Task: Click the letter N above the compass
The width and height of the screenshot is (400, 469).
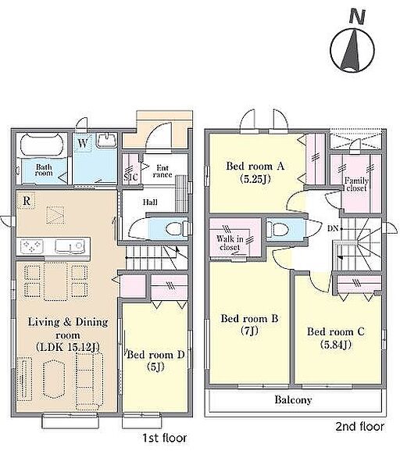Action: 357,16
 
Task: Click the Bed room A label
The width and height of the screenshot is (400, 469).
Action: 255,166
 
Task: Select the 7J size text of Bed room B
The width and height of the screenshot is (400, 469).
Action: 250,331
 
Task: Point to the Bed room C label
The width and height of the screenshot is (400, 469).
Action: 336,331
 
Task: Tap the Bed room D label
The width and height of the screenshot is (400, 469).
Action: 155,355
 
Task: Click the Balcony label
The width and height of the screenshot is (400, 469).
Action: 293,400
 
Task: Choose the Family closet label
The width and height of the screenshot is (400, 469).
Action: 356,184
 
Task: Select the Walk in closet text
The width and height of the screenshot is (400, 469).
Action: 230,243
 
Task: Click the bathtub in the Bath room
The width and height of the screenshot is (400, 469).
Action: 42,145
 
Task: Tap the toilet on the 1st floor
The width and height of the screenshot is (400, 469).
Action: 174,229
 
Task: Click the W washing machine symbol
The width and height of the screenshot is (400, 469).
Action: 83,143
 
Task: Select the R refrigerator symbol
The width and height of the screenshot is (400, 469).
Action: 27,200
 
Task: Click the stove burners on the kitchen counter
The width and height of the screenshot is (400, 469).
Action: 31,246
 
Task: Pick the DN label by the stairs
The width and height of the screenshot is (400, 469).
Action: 333,229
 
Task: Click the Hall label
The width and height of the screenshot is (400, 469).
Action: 150,202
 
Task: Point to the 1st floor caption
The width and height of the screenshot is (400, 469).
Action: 164,439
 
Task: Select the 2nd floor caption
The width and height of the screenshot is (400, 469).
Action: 360,426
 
